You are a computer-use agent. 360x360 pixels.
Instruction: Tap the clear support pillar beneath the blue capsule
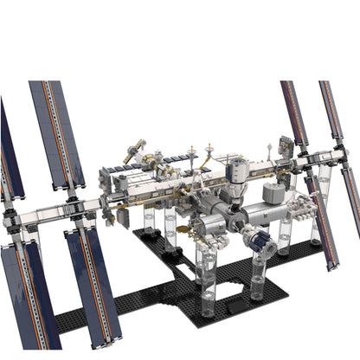pyautogui.click(x=257, y=279)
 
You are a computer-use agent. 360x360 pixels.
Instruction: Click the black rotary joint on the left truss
pyautogui.click(x=73, y=209)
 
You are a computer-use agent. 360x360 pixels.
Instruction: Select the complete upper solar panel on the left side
pyautogui.click(x=56, y=134)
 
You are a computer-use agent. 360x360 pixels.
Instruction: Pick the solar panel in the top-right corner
pyautogui.click(x=331, y=117)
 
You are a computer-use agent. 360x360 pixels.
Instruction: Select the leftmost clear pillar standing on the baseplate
pyautogui.click(x=148, y=222)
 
